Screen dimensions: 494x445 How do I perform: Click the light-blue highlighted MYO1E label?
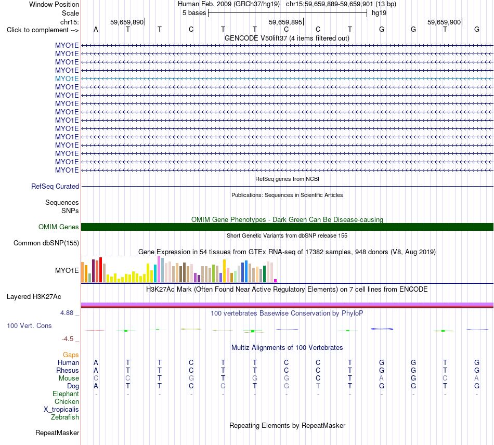tap(67, 78)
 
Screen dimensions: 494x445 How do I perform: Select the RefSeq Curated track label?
tap(55, 187)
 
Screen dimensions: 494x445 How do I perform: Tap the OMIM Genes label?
tap(59, 227)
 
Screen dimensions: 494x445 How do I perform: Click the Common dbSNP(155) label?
tap(46, 243)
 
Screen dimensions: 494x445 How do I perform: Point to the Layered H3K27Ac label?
tap(34, 297)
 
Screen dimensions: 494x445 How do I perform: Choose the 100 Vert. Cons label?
tap(29, 325)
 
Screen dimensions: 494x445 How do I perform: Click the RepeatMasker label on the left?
tap(57, 433)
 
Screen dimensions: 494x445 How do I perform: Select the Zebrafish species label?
tap(65, 417)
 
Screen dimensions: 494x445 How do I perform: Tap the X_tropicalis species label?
tap(61, 410)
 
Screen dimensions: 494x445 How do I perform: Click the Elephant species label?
tap(66, 394)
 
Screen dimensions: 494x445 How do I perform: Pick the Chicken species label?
tap(67, 401)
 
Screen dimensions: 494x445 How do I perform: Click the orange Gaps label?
tap(71, 355)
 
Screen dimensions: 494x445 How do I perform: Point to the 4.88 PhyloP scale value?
tap(67, 313)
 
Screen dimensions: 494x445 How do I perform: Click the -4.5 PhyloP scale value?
tap(68, 339)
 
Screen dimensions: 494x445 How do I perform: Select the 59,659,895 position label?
tap(285, 22)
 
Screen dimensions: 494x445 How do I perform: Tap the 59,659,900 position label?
tap(444, 22)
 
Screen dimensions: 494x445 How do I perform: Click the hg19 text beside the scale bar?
tap(379, 13)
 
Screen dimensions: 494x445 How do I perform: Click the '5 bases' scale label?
tap(194, 13)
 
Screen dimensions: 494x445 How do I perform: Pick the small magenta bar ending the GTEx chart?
tap(276, 281)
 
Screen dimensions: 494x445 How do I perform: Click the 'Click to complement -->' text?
tap(43, 30)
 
